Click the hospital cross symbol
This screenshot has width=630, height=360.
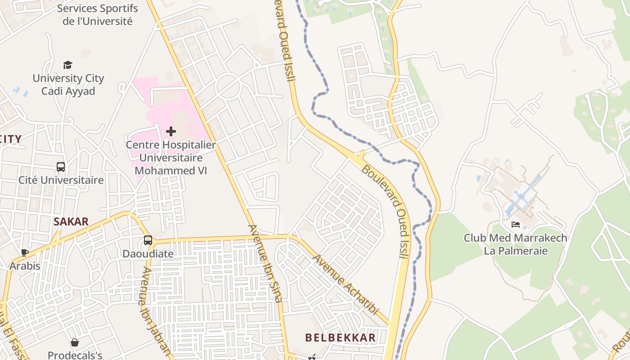click(x=171, y=131)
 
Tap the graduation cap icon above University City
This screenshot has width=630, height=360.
click(x=67, y=65)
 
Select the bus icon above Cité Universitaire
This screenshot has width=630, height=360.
click(x=61, y=167)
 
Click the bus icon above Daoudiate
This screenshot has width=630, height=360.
click(x=148, y=240)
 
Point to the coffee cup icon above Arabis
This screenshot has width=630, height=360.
click(x=25, y=252)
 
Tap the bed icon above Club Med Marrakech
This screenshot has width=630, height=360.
click(x=516, y=225)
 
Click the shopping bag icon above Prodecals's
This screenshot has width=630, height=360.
click(x=75, y=343)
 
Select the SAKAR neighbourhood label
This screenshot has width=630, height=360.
click(x=71, y=221)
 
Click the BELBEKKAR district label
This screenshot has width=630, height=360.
click(x=340, y=337)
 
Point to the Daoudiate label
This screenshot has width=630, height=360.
click(x=148, y=254)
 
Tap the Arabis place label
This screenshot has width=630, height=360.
click(x=25, y=266)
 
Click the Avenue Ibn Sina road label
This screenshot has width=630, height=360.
click(x=265, y=263)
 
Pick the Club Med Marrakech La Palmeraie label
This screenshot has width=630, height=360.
click(x=516, y=244)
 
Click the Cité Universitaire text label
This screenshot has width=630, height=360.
click(x=61, y=180)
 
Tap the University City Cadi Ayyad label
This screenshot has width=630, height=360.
click(x=68, y=85)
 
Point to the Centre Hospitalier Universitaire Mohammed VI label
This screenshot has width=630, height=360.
click(x=171, y=158)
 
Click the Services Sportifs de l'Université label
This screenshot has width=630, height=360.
click(x=97, y=14)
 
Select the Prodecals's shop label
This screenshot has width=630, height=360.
click(x=75, y=355)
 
